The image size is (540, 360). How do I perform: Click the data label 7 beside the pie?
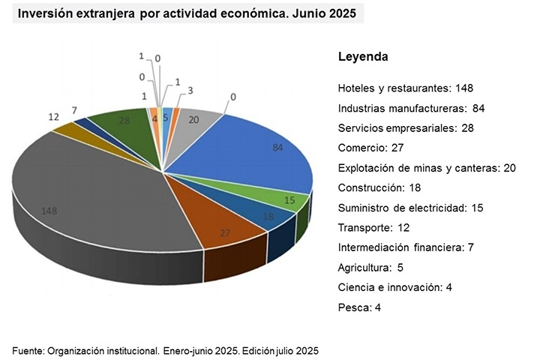point(74,110)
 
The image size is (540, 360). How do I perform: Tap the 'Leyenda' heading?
point(363,57)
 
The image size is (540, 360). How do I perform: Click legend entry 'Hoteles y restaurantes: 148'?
point(405,88)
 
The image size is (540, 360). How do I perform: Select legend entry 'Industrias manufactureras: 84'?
point(411,108)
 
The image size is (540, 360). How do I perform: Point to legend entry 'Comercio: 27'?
point(371,148)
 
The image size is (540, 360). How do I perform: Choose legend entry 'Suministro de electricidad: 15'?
point(411,207)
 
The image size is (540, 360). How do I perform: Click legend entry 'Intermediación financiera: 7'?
point(405,247)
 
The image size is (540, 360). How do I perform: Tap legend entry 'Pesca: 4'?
point(360,307)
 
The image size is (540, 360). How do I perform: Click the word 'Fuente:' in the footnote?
point(28,350)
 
